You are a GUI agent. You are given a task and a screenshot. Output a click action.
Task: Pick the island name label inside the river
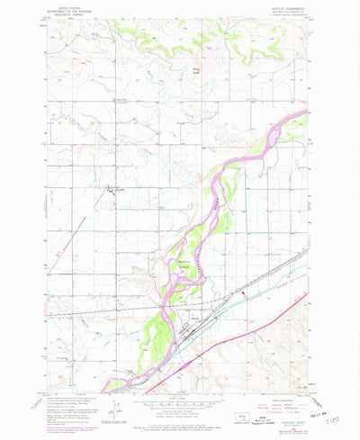pos(179,264)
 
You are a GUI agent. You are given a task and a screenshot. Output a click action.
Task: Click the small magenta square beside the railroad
pos(240,292)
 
